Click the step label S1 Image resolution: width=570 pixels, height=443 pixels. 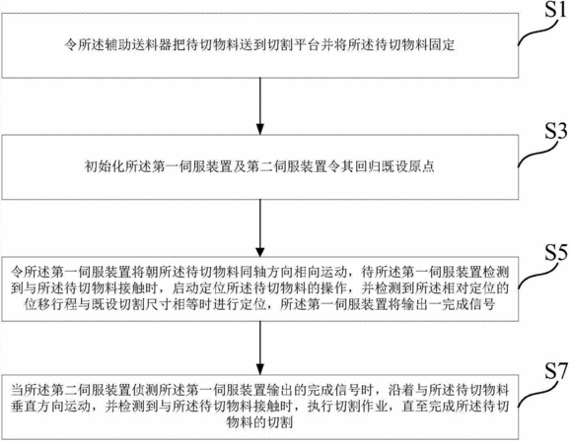pyautogui.click(x=555, y=10)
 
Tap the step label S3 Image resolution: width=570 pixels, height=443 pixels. pyautogui.click(x=556, y=131)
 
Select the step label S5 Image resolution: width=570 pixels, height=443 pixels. pyautogui.click(x=556, y=253)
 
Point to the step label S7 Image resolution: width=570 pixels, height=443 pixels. pyautogui.click(x=556, y=371)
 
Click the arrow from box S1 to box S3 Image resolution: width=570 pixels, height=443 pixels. pyautogui.click(x=260, y=106)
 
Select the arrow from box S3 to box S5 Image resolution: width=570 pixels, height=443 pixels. pyautogui.click(x=260, y=227)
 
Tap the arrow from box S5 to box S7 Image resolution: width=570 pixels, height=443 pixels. pyautogui.click(x=260, y=348)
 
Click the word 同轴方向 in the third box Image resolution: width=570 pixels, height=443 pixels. pyautogui.click(x=267, y=272)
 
